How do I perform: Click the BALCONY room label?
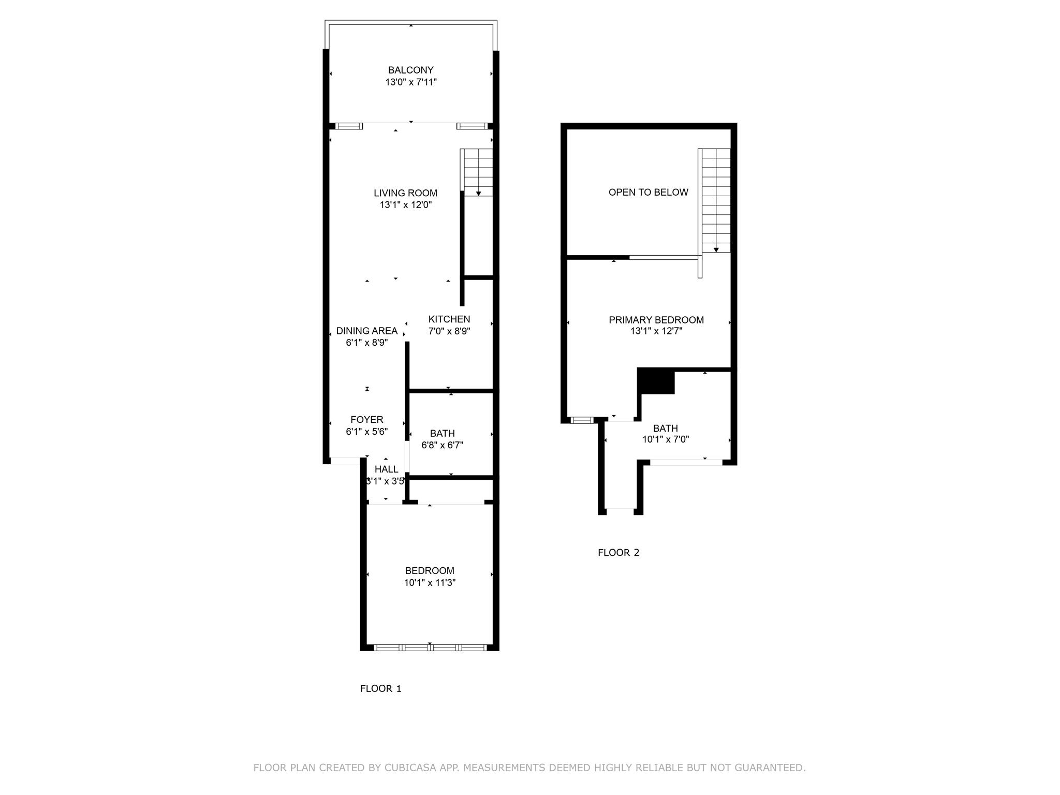point(410,70)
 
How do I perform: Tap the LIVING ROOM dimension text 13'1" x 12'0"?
point(405,205)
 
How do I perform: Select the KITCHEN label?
point(449,319)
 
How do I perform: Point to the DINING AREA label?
point(366,331)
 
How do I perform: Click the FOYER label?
point(366,420)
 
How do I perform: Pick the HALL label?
point(386,469)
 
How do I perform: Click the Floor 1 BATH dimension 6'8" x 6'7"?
point(442,445)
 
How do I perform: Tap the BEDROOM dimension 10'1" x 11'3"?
point(430,583)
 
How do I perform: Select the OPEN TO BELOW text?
point(648,193)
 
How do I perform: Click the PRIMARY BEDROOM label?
point(656,320)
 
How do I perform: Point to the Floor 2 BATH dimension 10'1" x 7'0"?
point(665,439)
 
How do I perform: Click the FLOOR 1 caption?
point(380,688)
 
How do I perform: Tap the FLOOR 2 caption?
point(619,552)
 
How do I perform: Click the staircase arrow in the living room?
point(478,193)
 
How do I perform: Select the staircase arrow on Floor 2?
point(716,249)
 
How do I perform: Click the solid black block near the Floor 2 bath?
point(656,381)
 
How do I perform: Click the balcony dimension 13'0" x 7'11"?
point(410,82)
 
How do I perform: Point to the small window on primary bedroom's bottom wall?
point(582,420)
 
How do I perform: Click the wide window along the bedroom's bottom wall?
point(430,647)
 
